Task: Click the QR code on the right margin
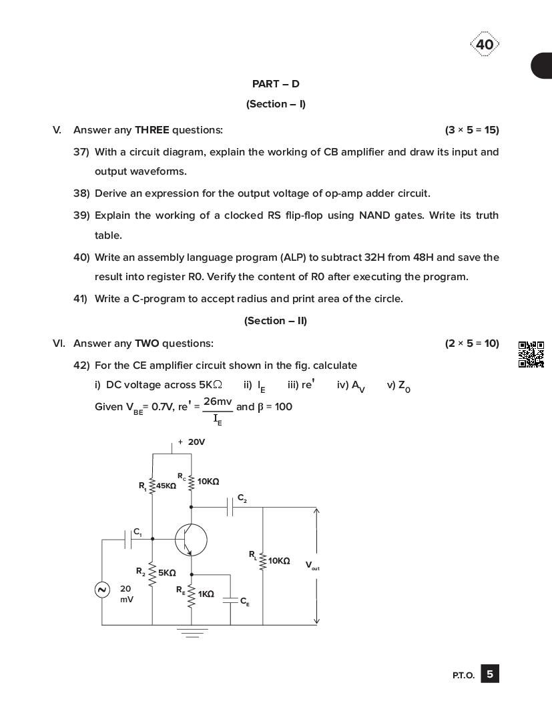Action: click(x=531, y=354)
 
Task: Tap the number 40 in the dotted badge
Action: click(x=485, y=45)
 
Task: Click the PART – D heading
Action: click(x=276, y=84)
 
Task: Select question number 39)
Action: click(x=81, y=215)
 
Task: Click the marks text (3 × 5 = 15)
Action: click(x=472, y=130)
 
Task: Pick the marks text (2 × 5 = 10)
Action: click(x=472, y=343)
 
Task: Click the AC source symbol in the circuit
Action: click(x=102, y=590)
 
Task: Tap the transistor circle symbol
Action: click(x=191, y=540)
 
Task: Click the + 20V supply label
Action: click(x=192, y=442)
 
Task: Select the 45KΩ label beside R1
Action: click(x=166, y=486)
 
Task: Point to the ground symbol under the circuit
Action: click(x=192, y=632)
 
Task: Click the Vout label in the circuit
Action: click(x=312, y=566)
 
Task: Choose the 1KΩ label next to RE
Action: click(x=206, y=594)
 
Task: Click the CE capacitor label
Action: click(x=244, y=602)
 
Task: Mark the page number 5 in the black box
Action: click(x=490, y=674)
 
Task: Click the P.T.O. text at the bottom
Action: click(x=463, y=676)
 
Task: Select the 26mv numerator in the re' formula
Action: click(x=218, y=402)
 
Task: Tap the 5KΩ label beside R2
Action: click(x=167, y=573)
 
